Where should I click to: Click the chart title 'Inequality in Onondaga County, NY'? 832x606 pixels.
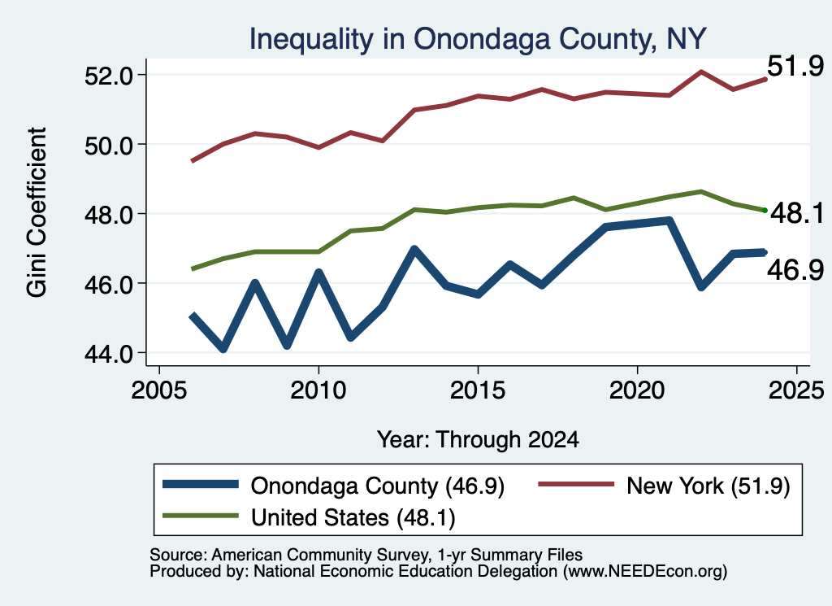tap(478, 39)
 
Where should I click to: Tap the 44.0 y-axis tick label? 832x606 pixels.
tap(109, 354)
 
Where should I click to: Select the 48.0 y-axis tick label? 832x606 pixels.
tap(109, 215)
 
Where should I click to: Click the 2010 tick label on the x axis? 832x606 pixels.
tap(318, 391)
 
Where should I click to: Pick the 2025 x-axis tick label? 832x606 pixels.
tap(796, 391)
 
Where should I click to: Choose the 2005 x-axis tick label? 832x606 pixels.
tap(159, 391)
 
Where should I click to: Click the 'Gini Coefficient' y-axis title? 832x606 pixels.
tap(37, 212)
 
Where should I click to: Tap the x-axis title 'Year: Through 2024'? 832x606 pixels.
tap(478, 440)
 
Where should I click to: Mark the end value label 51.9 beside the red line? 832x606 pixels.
tap(795, 67)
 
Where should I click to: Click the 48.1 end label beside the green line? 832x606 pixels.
tap(797, 213)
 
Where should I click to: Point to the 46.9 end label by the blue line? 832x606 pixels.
tap(795, 270)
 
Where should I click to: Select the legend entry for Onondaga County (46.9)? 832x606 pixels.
tap(333, 486)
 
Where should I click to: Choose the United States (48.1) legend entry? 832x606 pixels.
tap(309, 517)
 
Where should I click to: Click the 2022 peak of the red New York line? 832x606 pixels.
tap(701, 71)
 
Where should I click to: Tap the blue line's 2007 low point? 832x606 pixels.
tap(223, 348)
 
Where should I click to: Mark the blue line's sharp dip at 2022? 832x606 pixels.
tap(701, 286)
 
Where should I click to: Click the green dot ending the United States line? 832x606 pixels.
tap(765, 211)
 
